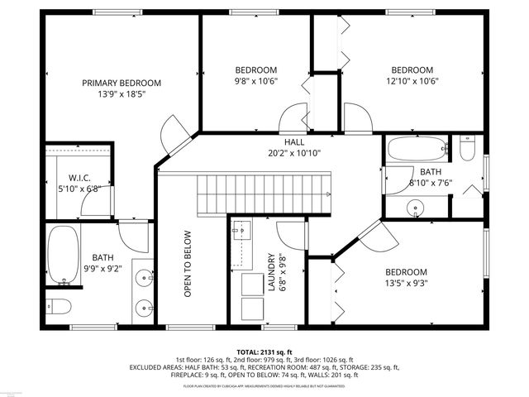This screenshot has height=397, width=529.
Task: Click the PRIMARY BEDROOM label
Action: pos(121,83)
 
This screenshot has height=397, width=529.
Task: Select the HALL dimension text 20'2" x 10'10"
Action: pos(294,153)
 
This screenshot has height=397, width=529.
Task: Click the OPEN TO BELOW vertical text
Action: pos(188,263)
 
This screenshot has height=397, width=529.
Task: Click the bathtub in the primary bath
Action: pos(60,252)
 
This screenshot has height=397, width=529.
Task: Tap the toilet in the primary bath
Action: pos(58,305)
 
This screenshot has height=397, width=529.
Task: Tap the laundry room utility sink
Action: pos(242,229)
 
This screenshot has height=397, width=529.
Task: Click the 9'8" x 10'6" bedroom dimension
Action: pos(255,81)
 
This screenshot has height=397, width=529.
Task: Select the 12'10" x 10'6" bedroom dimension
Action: pos(412,81)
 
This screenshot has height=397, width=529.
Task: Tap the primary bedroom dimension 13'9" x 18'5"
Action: pos(121,94)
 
